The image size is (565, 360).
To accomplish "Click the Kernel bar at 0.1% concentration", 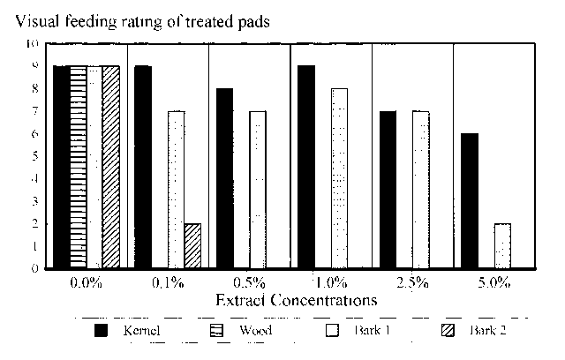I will click(142, 167).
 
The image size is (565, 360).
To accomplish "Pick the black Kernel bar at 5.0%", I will click(469, 200).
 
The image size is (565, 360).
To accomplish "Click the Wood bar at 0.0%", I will click(78, 167).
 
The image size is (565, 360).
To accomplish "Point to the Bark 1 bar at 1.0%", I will click(339, 178).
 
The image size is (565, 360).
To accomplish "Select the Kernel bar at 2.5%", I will click(388, 190).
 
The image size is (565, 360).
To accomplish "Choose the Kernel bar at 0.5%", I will click(224, 178).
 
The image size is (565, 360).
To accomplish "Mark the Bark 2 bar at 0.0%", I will click(110, 167).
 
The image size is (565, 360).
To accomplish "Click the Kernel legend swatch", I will click(102, 332).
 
